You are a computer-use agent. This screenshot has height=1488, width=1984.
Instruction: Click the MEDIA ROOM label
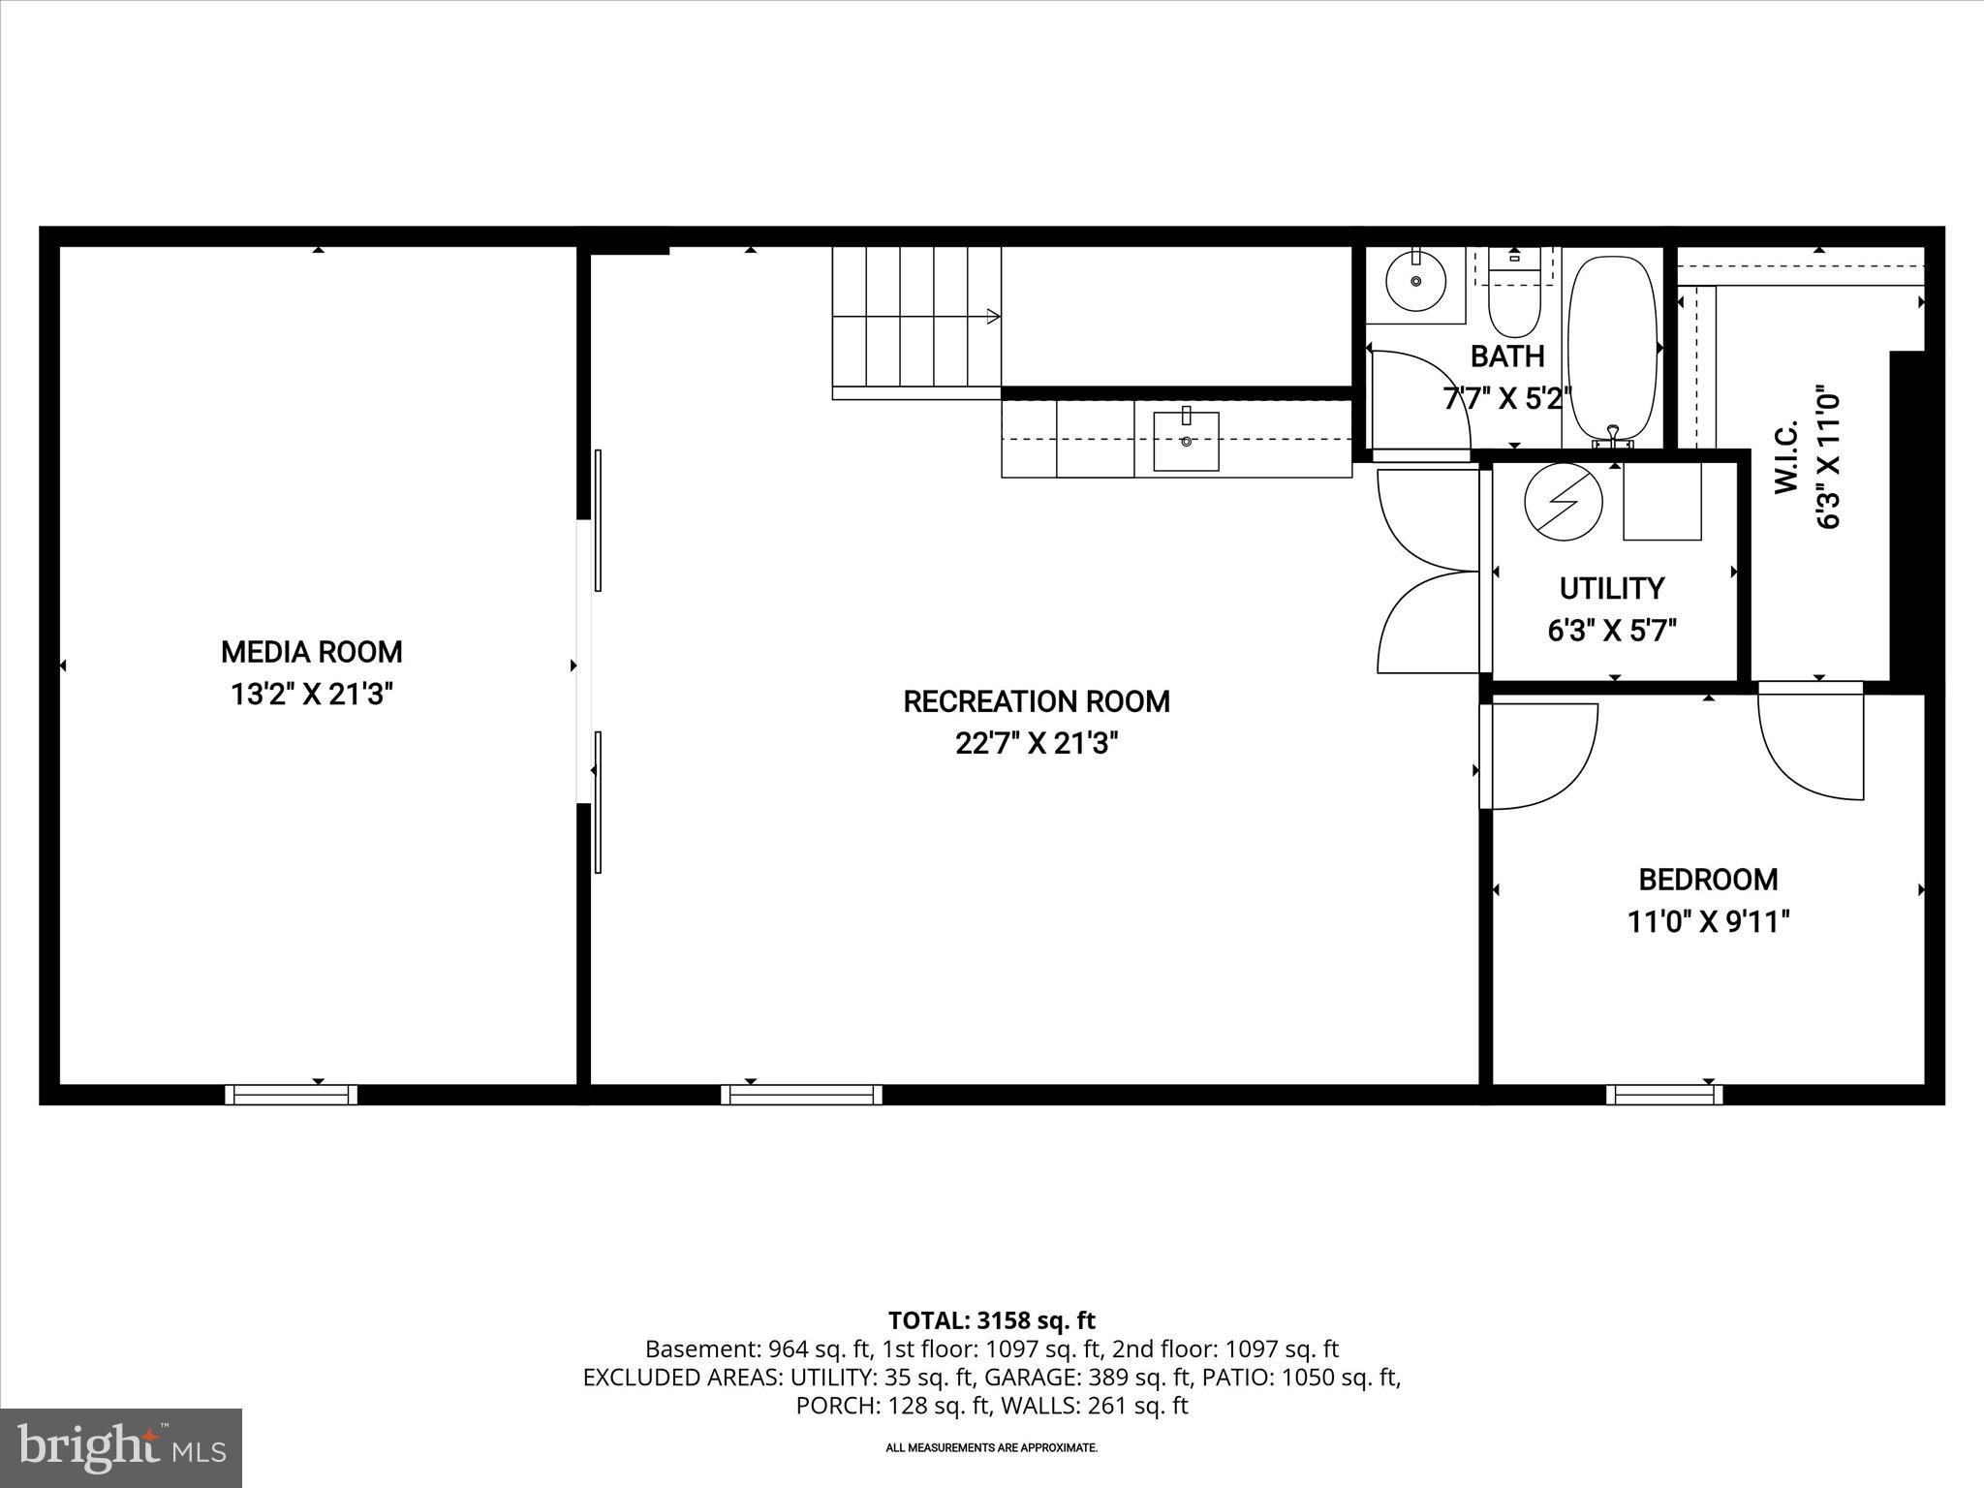tap(311, 652)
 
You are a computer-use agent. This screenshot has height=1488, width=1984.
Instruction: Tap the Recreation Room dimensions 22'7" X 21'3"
tap(1037, 744)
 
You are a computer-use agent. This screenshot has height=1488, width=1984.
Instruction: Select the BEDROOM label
tap(1708, 880)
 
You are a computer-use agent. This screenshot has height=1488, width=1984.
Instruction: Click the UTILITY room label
tap(1611, 588)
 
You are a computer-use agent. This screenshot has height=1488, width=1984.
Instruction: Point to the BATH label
tap(1507, 356)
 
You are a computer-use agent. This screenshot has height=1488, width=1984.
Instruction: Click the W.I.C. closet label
tap(1786, 457)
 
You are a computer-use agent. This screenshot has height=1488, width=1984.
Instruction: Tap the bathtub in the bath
tap(1612, 349)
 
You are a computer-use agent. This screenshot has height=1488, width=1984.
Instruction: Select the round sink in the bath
tap(1416, 281)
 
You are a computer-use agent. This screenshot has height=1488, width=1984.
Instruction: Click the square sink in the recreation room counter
tap(1186, 441)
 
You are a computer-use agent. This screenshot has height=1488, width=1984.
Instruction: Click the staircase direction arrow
tap(992, 316)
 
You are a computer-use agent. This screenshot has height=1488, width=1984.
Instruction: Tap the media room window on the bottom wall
tap(292, 1095)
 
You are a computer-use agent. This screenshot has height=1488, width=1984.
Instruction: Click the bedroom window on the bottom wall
tap(1664, 1095)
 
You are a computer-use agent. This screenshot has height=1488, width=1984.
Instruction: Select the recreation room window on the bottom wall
tap(801, 1095)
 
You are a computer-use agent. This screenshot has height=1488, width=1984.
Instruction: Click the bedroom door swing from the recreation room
tap(1540, 757)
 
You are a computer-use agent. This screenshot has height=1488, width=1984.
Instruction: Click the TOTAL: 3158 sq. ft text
tap(991, 1320)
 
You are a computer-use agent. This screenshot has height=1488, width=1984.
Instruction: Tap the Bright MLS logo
tap(121, 1447)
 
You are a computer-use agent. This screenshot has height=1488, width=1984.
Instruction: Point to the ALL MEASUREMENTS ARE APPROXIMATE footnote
tap(991, 1447)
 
